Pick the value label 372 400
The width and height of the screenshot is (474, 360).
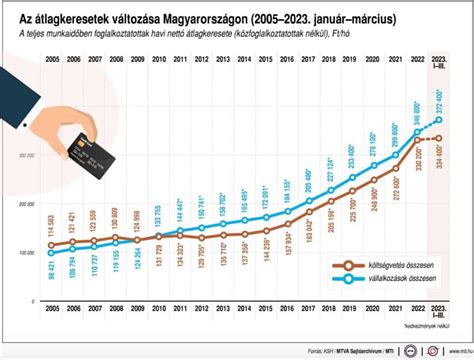click(439, 101)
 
